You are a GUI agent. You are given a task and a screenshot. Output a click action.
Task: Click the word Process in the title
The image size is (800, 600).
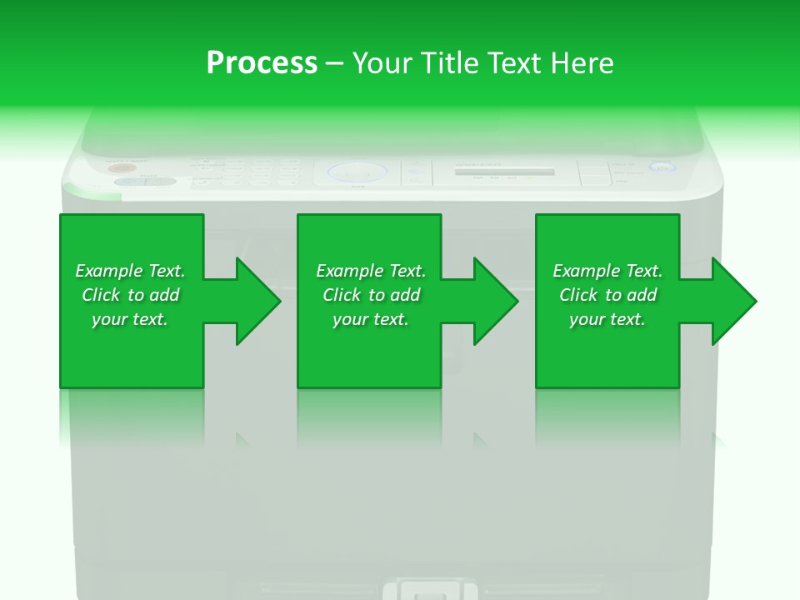coord(262,62)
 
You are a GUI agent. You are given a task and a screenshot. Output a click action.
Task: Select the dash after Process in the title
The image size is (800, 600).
coord(334,64)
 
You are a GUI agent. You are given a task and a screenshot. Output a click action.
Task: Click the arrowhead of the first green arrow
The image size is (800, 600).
coord(257,301)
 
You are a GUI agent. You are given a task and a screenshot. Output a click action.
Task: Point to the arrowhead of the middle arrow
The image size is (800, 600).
coord(496,301)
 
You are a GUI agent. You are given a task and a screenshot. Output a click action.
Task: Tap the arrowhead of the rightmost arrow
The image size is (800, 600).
coord(734,301)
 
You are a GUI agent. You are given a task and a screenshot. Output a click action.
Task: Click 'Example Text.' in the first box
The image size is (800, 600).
coord(130,271)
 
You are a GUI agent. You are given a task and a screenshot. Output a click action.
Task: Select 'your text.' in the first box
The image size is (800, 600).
coord(130,319)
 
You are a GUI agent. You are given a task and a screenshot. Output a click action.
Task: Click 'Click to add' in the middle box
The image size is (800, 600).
coord(371,295)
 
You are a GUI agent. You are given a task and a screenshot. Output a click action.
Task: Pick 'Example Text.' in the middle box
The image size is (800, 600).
coord(371,271)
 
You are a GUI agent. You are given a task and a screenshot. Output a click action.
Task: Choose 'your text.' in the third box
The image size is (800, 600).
coord(607,319)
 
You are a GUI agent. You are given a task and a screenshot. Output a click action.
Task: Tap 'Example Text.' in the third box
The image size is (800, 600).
coord(607,271)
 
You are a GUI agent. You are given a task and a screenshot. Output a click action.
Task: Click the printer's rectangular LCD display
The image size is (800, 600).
coord(504,172)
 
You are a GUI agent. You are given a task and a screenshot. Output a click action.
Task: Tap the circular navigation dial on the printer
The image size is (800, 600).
coord(357,172)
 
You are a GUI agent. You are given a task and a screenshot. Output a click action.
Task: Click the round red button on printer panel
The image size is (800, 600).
coord(117,168)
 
